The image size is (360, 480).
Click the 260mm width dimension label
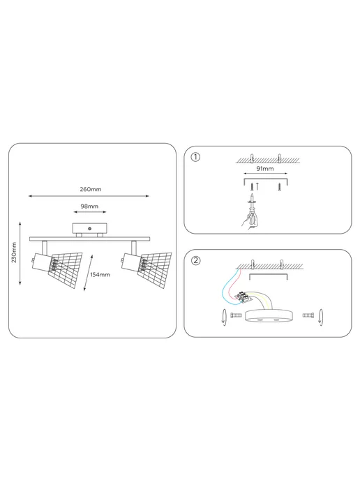click(90, 189)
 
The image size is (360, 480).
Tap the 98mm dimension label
click(89, 207)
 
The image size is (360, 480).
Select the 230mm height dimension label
click(14, 253)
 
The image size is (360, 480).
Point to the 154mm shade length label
click(100, 275)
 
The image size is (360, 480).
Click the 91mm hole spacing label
click(265, 168)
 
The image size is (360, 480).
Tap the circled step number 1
click(195, 157)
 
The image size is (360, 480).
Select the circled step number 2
click(195, 260)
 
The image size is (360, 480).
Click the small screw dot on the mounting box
click(90, 228)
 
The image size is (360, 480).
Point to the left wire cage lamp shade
click(66, 269)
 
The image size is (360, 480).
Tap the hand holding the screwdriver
click(250, 219)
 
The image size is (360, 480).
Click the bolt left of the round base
click(236, 315)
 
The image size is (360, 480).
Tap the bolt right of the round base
click(308, 315)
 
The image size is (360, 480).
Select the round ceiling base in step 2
click(269, 316)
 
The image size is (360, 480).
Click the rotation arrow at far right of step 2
click(321, 317)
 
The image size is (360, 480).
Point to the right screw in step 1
click(280, 187)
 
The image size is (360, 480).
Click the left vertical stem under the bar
click(45, 248)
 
